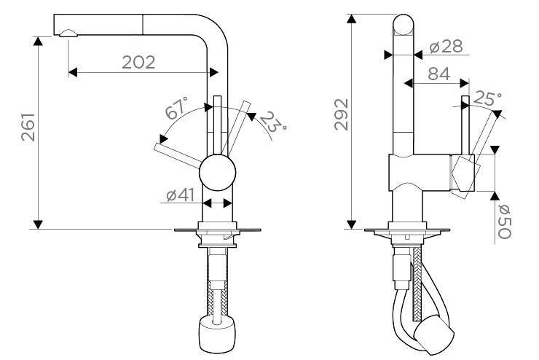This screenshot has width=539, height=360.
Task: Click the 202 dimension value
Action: coord(138,62)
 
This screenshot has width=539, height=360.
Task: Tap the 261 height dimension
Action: coord(28,128)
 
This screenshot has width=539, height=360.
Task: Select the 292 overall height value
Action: coord(342,114)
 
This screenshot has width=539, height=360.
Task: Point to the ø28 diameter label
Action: coord(446,47)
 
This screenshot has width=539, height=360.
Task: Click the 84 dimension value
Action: coord(438,74)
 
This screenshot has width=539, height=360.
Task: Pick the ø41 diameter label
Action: coord(181,195)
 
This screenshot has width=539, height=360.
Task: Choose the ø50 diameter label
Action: coord(505,222)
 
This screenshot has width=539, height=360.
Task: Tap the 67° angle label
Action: coord(177,108)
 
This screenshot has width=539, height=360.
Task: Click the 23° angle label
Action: coord(273,122)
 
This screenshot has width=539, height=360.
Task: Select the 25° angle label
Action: coord(487,98)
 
